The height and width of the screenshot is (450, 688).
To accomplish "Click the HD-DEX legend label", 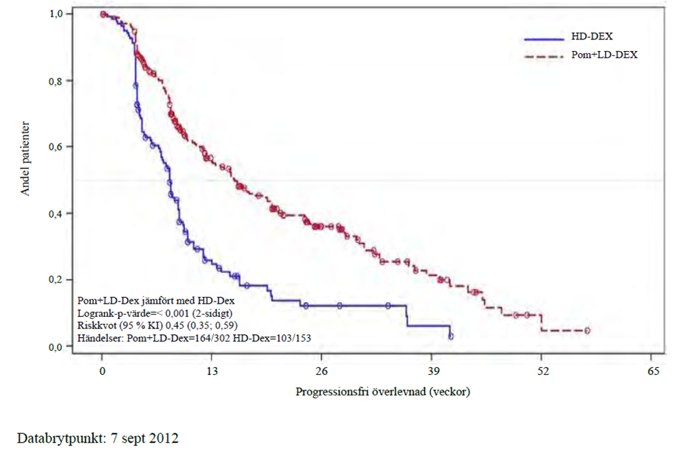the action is pos(591,36).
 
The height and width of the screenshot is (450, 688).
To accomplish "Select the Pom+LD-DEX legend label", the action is pos(604,55).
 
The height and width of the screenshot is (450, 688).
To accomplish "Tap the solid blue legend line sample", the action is pos(544,39).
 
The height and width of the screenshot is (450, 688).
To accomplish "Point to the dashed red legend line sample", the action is pos(544,57).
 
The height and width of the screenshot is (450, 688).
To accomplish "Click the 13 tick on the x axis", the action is pos(212,371).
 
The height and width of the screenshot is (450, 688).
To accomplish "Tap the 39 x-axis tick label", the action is pos(432,371).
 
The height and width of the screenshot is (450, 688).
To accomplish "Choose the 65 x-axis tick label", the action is pos(653,371).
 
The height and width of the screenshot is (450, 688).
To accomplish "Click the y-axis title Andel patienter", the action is pos(25,159).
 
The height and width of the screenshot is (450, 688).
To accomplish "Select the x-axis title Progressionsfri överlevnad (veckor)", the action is pos(383,392).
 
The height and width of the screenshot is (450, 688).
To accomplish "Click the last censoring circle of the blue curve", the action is pos(451,336).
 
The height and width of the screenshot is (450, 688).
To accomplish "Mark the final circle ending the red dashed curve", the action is pos(588,331).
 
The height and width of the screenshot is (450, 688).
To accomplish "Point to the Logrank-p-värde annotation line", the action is pos(155,313).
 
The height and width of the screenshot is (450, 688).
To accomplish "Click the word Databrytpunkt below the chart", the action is pos(61,438).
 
